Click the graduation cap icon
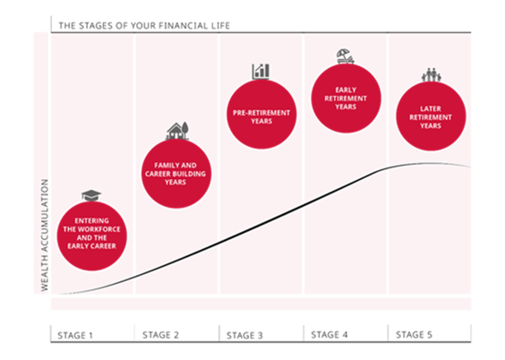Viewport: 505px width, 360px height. coord(91,195)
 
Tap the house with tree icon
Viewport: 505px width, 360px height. coord(177,131)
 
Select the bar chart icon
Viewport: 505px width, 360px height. coord(261,71)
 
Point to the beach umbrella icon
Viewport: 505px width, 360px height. coord(346,56)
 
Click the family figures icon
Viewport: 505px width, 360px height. coord(432,74)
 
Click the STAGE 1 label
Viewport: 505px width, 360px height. coord(75,336)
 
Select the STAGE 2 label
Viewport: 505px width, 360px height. coord(160,335)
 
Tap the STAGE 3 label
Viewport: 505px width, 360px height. coord(244,336)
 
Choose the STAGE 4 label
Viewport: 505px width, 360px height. coord(330,335)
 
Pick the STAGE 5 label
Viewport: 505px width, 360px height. coord(414,335)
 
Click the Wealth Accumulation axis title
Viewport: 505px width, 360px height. coord(45,236)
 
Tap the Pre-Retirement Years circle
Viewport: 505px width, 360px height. coord(261,115)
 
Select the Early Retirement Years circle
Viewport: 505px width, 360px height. coord(346,99)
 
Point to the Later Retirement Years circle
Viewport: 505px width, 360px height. coord(431,116)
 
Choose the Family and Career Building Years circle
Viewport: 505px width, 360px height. coord(176,174)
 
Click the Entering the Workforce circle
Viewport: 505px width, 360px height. coord(92,236)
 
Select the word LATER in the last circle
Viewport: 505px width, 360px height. coord(431,109)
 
